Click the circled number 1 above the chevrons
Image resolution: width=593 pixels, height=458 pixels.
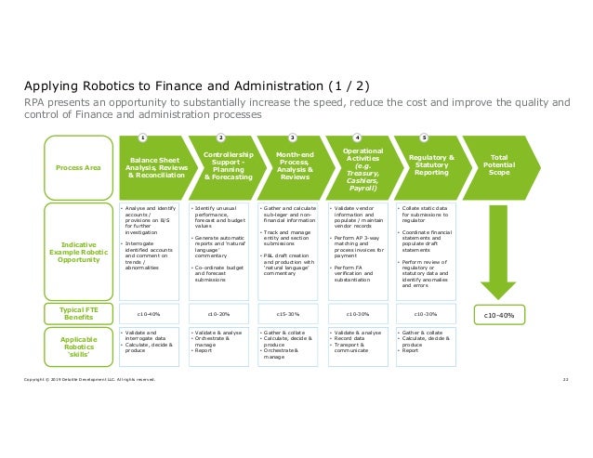pos(143,137)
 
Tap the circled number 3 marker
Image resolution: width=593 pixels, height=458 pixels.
pos(292,137)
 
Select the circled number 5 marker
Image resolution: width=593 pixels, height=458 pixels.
pos(425,137)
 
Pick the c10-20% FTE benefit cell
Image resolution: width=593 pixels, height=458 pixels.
pos(219,314)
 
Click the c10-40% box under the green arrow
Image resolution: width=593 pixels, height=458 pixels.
pos(500,314)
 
